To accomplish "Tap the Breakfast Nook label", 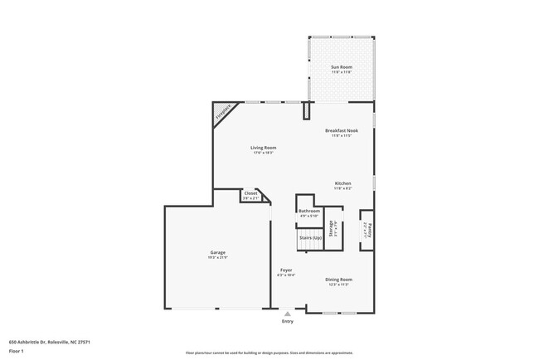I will tap(341, 130).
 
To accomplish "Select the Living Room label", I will tap(264, 148).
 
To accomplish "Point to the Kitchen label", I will tap(342, 182).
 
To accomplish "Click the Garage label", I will tap(217, 252).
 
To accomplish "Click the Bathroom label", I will tap(309, 212).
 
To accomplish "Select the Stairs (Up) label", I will tap(310, 238).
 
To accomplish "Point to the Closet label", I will tap(250, 193).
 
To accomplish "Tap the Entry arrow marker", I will tap(288, 314).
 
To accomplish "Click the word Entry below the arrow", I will tap(288, 321).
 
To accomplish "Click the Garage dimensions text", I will tap(217, 257).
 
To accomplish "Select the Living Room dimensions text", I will tap(264, 153).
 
